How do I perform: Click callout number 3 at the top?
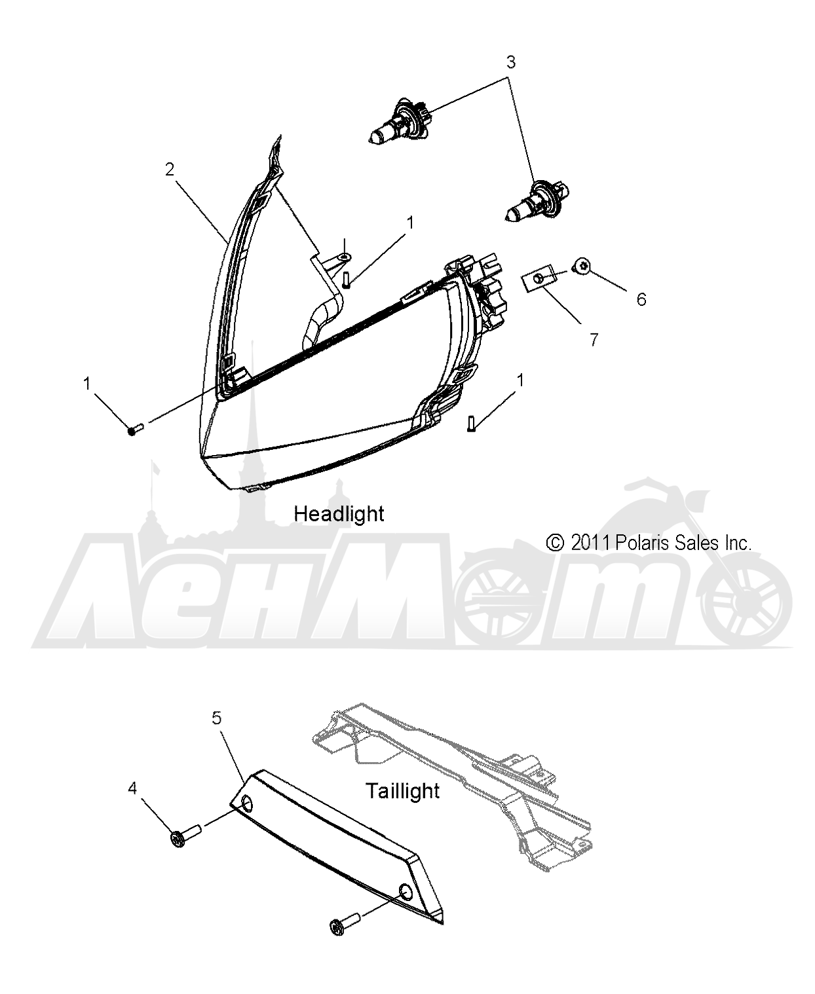[x=511, y=62]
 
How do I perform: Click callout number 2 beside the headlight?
[x=170, y=169]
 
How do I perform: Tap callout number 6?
[x=641, y=299]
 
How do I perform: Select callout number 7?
[x=594, y=339]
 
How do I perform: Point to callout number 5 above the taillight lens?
[x=216, y=718]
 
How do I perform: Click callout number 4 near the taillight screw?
[x=132, y=788]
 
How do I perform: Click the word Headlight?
[x=339, y=514]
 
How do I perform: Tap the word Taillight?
[x=403, y=791]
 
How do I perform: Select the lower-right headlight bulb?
[x=537, y=203]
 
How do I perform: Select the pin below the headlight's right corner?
[x=471, y=423]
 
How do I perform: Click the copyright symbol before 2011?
[x=555, y=543]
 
